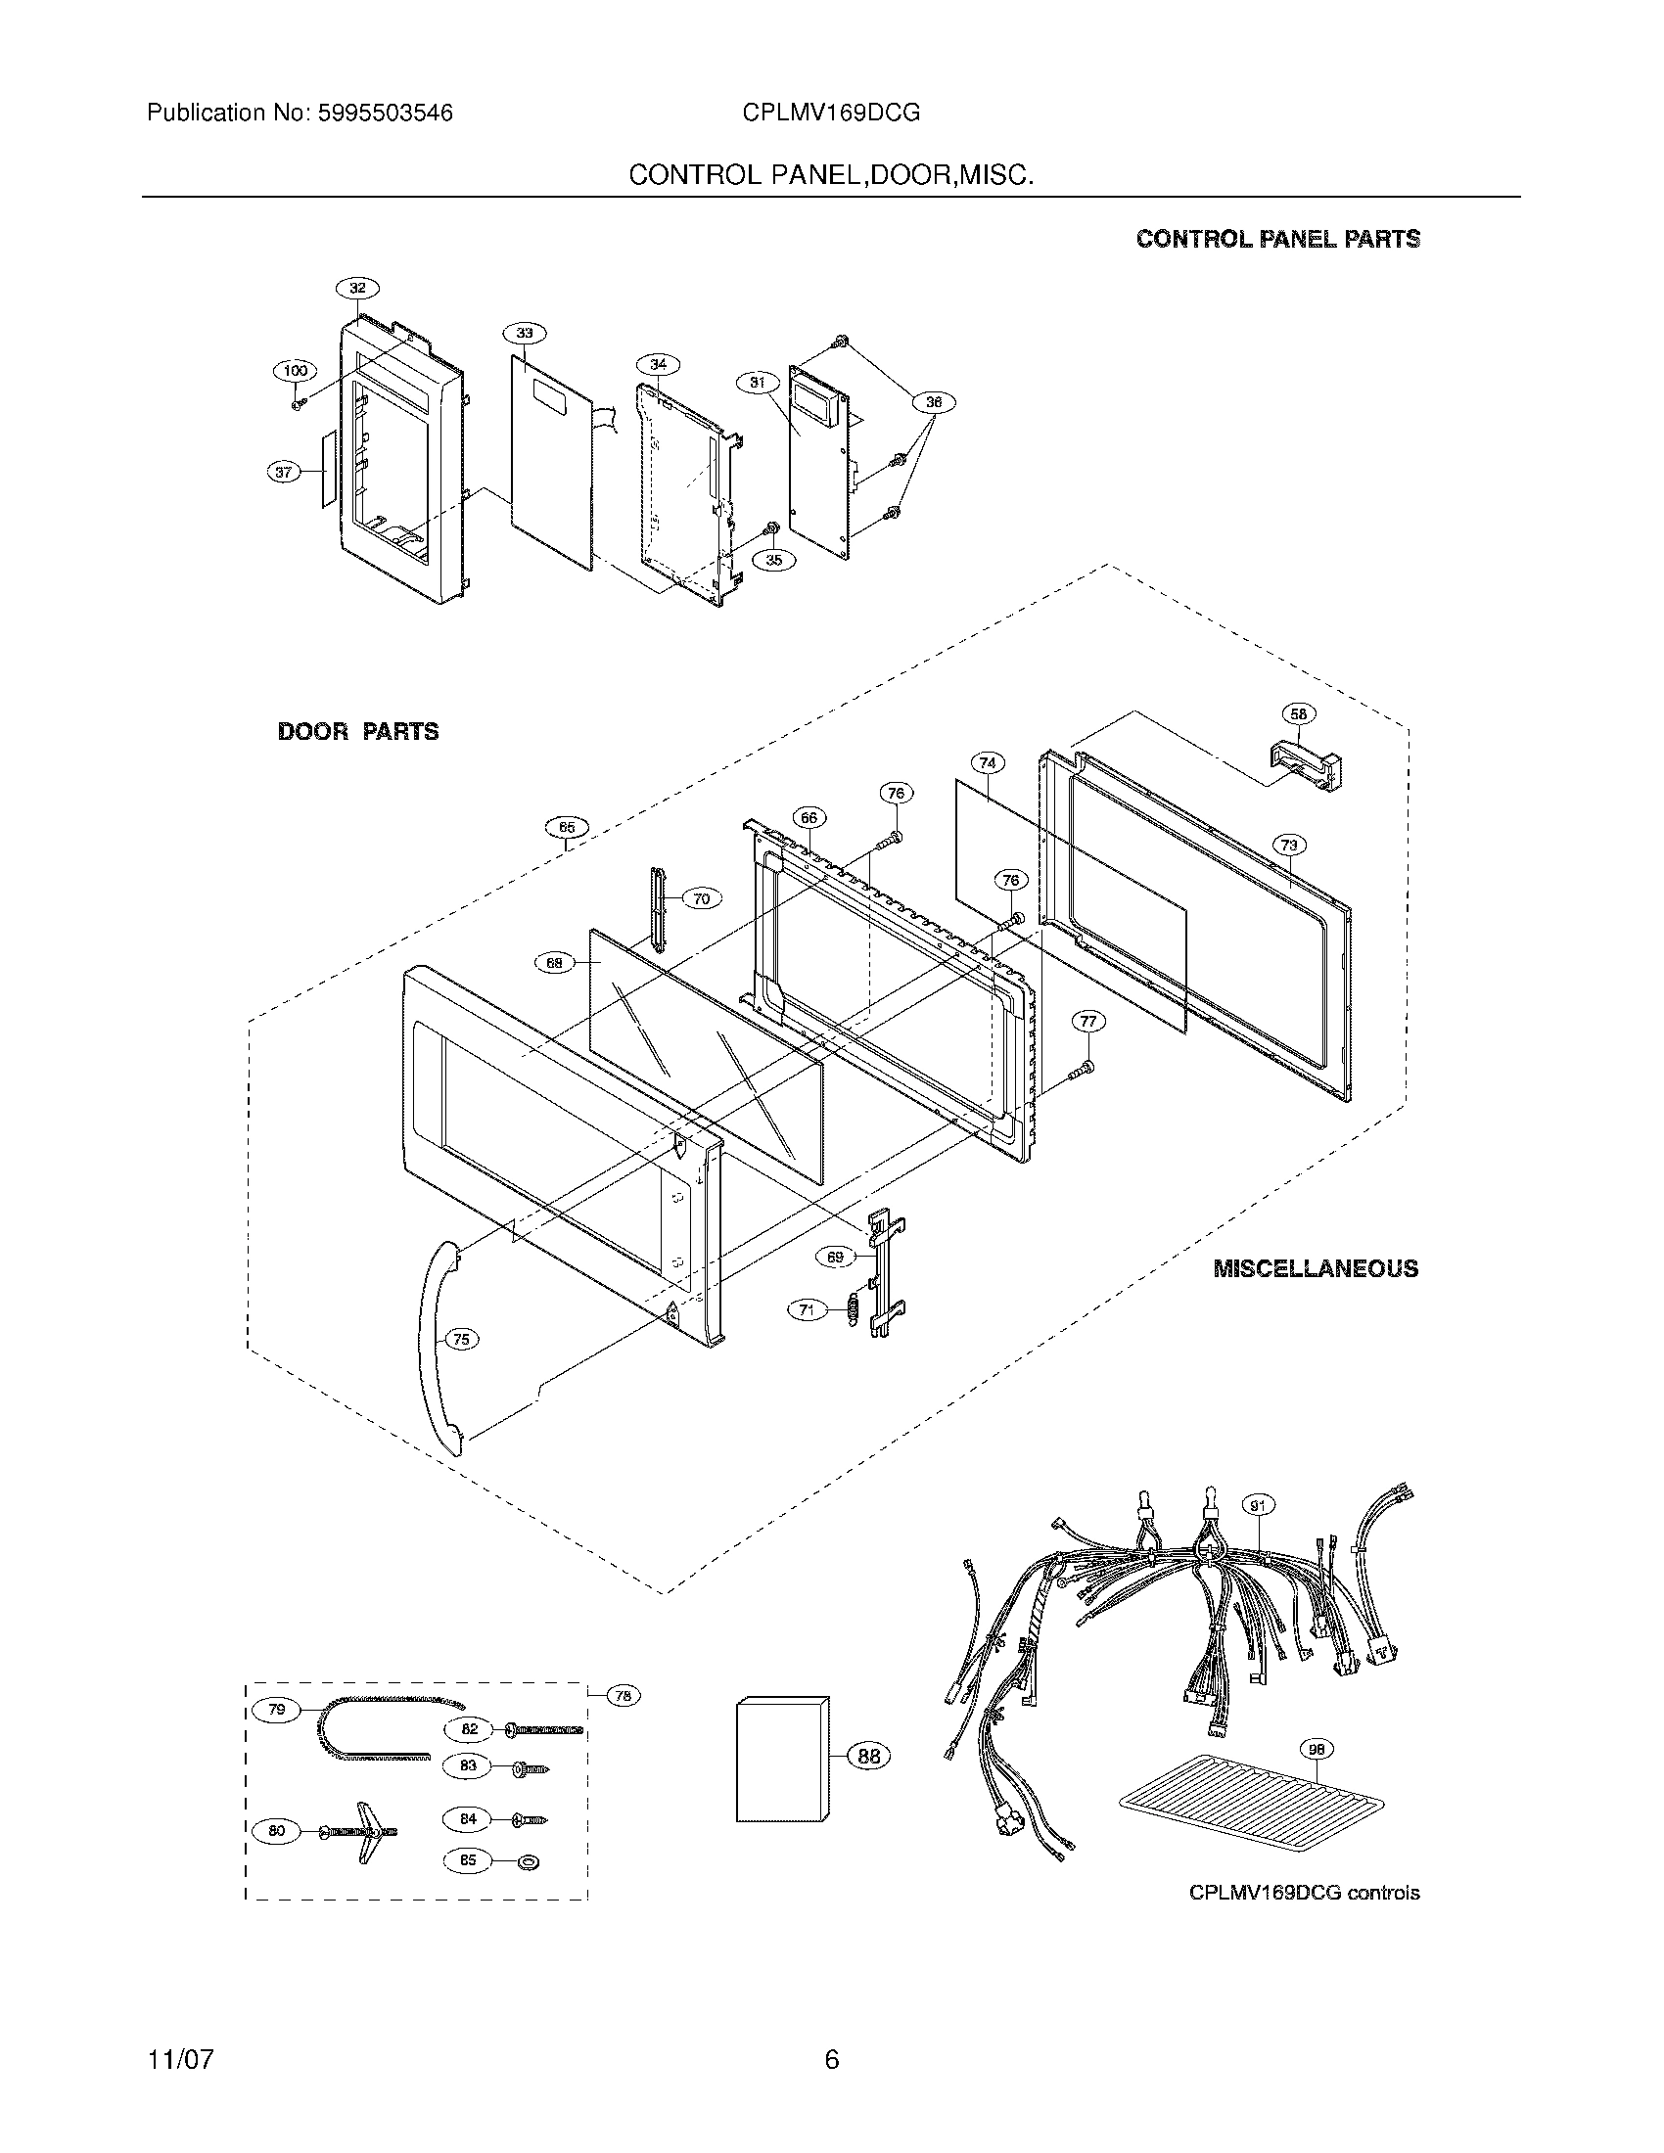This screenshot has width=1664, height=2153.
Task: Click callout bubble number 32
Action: click(357, 288)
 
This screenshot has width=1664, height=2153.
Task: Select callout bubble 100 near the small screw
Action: click(295, 371)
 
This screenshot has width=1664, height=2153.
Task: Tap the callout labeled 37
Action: click(284, 473)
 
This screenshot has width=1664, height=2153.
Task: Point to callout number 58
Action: click(1298, 713)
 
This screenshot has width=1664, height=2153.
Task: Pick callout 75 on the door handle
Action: click(460, 1338)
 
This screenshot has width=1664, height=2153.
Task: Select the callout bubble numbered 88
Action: click(868, 1755)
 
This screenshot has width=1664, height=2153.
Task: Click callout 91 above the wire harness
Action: click(1257, 1505)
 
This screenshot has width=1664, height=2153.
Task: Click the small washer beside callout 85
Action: click(530, 1862)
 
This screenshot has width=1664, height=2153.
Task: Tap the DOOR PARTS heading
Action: click(358, 731)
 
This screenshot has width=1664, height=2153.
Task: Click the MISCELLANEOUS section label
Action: click(1315, 1268)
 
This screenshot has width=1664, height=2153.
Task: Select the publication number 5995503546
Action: click(385, 114)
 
